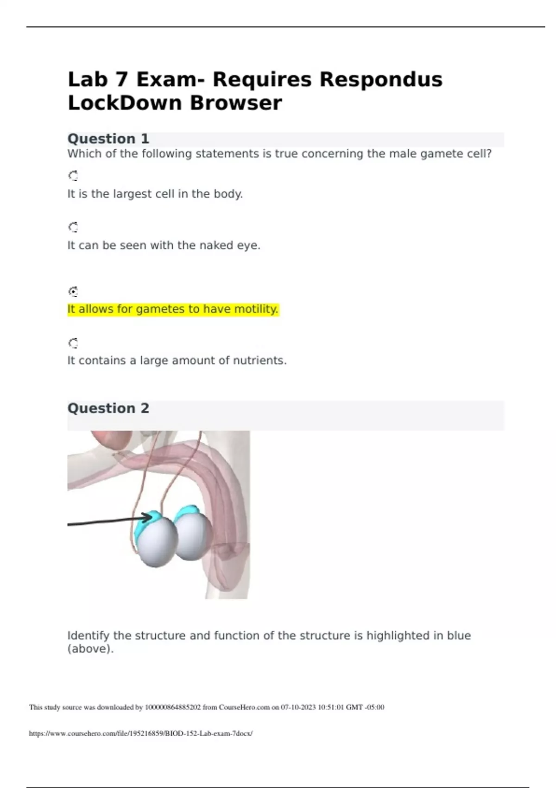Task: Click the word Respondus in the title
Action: (x=381, y=79)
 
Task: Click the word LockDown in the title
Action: (x=125, y=103)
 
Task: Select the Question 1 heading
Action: (x=108, y=139)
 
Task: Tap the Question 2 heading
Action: (x=108, y=408)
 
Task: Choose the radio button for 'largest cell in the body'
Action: (x=73, y=176)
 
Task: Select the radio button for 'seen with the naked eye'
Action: (x=73, y=227)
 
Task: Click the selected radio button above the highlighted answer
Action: (x=73, y=292)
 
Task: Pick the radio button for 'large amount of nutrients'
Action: (x=73, y=343)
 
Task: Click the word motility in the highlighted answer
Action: (x=256, y=309)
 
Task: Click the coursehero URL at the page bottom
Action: (x=141, y=733)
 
